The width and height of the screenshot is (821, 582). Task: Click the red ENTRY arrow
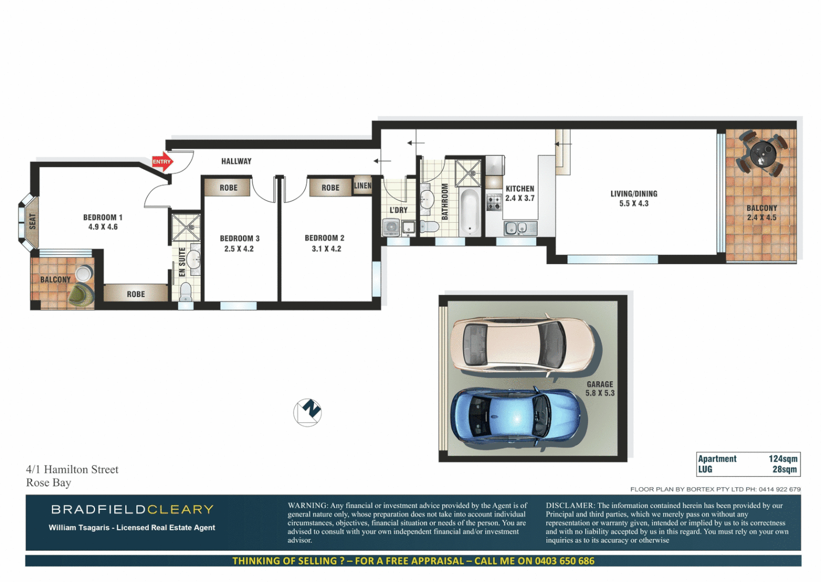(x=162, y=162)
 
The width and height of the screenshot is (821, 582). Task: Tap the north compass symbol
(x=307, y=413)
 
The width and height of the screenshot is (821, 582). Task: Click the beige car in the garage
(x=522, y=343)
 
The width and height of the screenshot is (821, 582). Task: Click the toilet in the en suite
(x=186, y=292)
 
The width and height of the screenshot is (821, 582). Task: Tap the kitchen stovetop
(x=494, y=203)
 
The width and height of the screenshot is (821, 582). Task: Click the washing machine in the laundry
(x=391, y=227)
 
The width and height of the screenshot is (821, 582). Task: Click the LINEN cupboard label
(x=362, y=186)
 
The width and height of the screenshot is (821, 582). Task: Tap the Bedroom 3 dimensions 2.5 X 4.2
(x=239, y=249)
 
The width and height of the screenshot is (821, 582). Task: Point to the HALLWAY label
(x=236, y=161)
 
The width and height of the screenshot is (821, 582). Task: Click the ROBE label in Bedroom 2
(x=331, y=188)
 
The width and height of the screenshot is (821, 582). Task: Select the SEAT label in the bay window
(x=32, y=221)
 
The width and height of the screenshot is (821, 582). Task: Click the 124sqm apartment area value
(x=783, y=459)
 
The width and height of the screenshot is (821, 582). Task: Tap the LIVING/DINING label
(x=634, y=193)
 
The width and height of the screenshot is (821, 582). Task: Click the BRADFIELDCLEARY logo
(x=133, y=509)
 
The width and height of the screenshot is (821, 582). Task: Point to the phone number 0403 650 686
(x=564, y=561)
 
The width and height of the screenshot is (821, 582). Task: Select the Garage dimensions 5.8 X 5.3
(x=600, y=393)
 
